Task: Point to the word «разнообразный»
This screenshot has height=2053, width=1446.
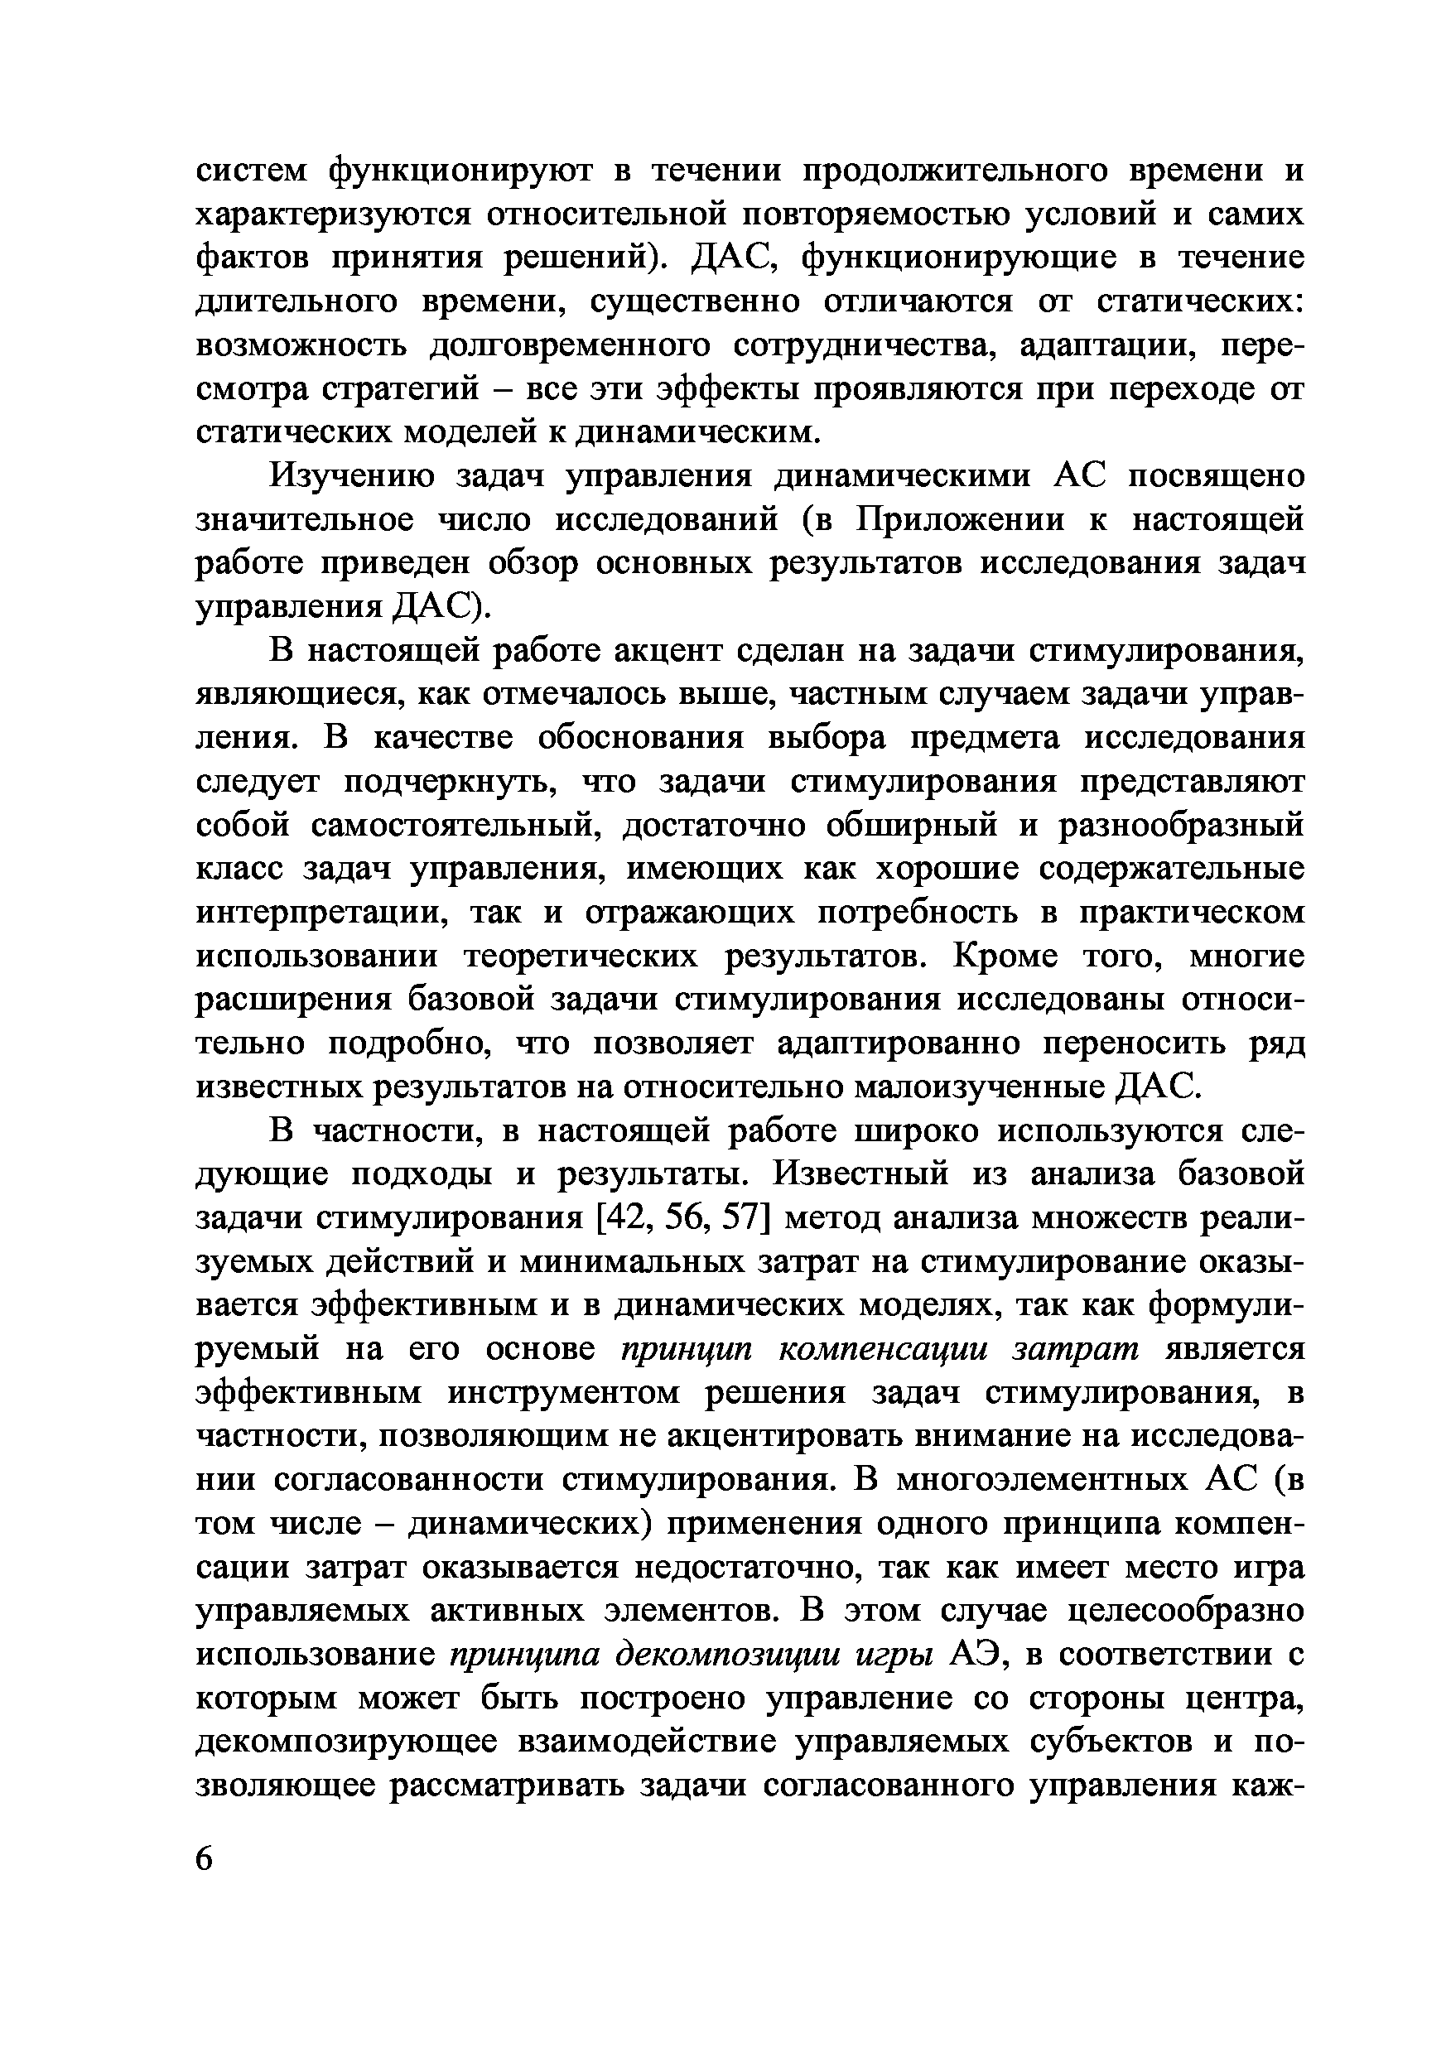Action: point(1180,826)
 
